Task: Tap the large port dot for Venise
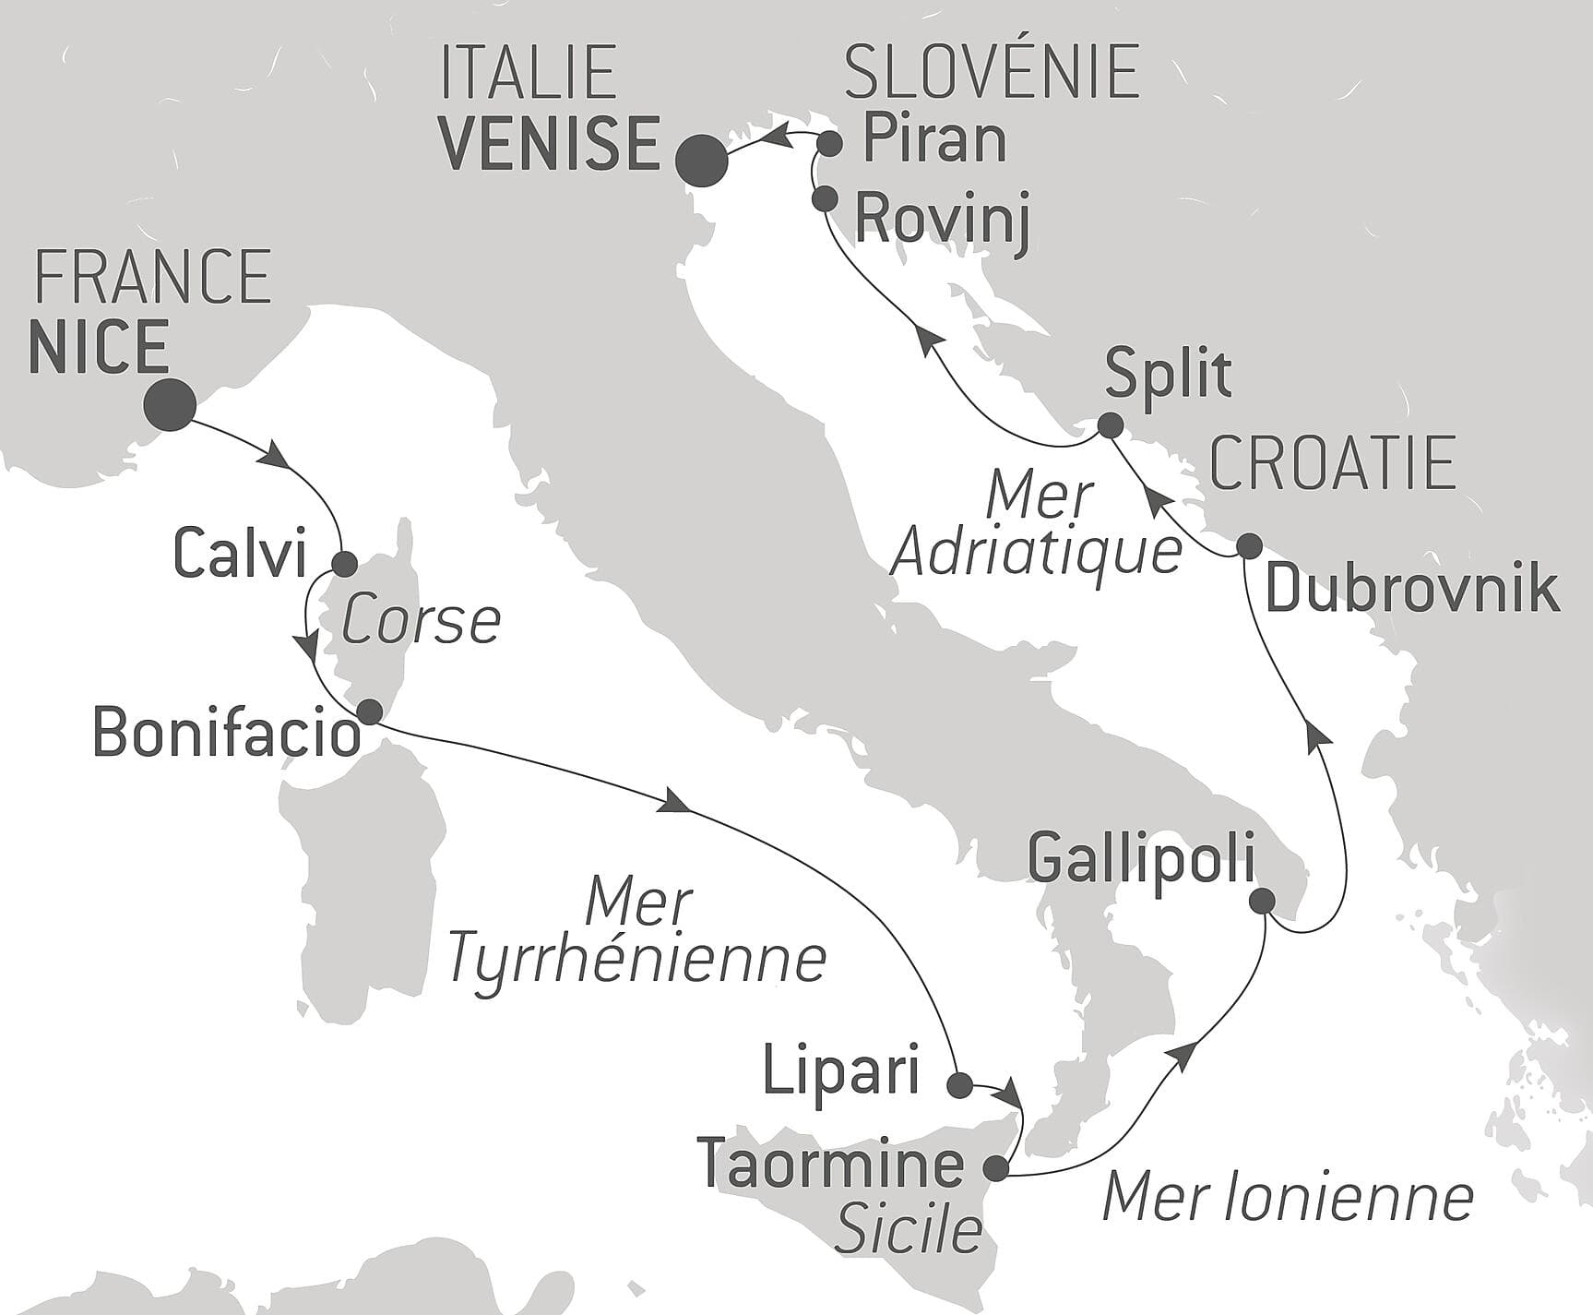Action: [x=701, y=161]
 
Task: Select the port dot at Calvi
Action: [x=344, y=563]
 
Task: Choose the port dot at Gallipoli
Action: [x=1262, y=901]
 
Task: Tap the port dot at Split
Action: [x=1110, y=425]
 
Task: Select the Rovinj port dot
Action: [x=824, y=198]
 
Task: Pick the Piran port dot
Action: [x=830, y=143]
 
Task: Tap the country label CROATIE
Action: [x=1333, y=464]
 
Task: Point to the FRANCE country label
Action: [x=152, y=276]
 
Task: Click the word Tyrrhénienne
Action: [x=636, y=960]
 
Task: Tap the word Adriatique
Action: [x=1038, y=552]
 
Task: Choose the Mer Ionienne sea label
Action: [x=1288, y=1198]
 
